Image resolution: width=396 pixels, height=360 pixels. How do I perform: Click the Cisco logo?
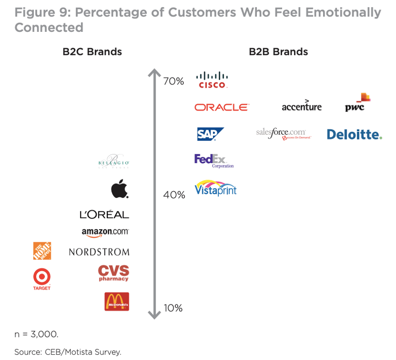[212, 80]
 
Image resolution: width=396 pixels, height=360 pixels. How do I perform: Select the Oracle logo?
[222, 107]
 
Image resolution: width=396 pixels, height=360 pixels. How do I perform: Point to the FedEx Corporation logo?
[213, 160]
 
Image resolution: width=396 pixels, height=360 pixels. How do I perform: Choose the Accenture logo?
[301, 106]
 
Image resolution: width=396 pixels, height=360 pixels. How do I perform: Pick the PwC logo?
[357, 102]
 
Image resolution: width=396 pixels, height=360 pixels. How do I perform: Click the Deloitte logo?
[354, 134]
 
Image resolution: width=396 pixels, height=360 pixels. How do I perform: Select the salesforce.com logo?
[283, 133]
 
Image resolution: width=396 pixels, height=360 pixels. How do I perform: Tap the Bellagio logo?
[114, 162]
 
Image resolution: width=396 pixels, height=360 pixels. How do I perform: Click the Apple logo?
[120, 189]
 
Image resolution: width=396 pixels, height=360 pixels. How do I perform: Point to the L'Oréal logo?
[104, 215]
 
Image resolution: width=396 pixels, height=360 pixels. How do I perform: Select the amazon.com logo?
[105, 232]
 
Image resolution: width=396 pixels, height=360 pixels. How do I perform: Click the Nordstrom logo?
[99, 252]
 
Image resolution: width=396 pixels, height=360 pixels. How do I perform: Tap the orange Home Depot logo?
[42, 251]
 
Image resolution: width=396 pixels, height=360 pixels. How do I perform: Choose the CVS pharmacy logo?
[113, 273]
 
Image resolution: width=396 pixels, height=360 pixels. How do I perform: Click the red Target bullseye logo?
[42, 277]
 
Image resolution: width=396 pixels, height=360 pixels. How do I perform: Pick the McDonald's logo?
[117, 302]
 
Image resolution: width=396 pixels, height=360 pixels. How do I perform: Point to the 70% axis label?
[173, 81]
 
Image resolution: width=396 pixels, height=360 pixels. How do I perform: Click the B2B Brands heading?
[278, 52]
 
